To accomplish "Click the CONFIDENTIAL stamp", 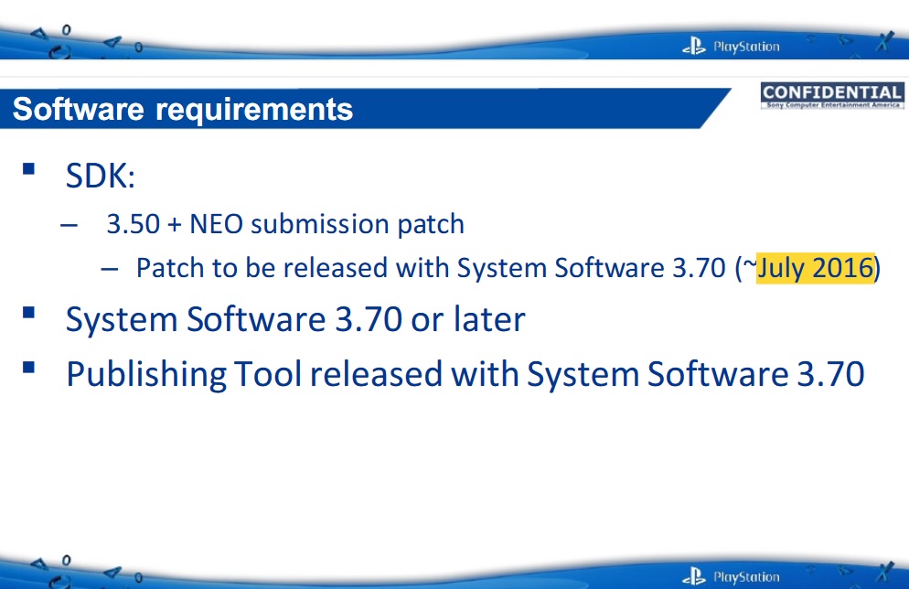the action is [832, 96].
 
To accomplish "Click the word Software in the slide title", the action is [79, 109].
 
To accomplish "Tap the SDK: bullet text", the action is [101, 175].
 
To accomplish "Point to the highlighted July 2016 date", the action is [815, 268].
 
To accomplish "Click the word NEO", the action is [216, 224].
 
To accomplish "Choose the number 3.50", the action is [134, 224].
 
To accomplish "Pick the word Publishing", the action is [146, 374].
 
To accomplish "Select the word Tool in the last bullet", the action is [268, 373].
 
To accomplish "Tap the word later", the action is [489, 319].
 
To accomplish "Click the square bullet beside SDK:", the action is [28, 168].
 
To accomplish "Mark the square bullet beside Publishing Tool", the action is [28, 368].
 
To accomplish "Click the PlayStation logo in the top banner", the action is [731, 46].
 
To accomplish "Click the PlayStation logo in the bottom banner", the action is [731, 576].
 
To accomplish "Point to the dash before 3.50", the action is [69, 226].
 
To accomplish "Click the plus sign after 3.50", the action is [175, 225].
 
